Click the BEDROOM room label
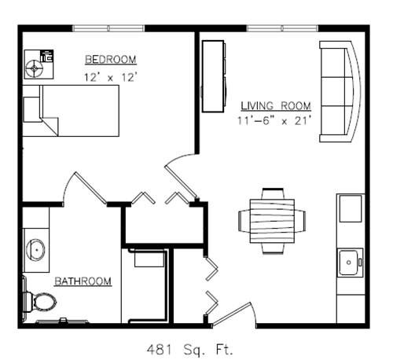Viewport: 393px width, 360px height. point(111,60)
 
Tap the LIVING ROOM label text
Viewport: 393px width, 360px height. point(276,106)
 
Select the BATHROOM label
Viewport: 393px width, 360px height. point(83,281)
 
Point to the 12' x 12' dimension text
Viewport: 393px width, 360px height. point(111,77)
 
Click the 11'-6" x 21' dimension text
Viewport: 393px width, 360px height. point(274,120)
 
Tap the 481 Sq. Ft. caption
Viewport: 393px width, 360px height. point(189,350)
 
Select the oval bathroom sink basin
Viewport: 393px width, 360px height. point(36,250)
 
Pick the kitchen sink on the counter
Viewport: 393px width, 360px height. point(351,263)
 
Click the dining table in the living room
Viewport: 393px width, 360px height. point(272,221)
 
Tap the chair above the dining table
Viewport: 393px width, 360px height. point(273,194)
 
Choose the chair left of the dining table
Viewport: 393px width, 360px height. point(244,221)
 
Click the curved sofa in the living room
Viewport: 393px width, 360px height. point(340,92)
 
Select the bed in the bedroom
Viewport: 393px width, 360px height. point(71,111)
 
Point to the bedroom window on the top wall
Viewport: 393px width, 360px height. point(108,28)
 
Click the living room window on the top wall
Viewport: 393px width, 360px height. point(282,28)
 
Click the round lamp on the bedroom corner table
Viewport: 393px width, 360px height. point(34,68)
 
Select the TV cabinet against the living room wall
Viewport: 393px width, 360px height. point(214,76)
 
